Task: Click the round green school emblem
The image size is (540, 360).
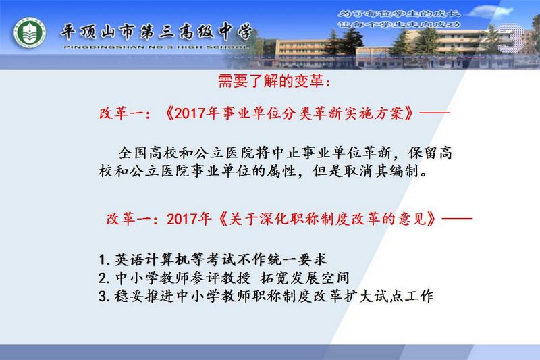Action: (x=29, y=33)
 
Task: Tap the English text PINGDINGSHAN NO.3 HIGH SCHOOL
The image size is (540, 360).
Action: (x=156, y=47)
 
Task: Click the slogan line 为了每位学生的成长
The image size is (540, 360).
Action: (x=399, y=14)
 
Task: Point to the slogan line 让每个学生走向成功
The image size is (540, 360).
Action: (x=399, y=25)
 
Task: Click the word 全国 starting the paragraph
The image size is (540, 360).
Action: (x=133, y=153)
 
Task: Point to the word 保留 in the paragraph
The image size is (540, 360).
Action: (x=423, y=153)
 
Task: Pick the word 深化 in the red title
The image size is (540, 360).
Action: (x=275, y=218)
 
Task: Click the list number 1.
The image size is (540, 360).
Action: (x=103, y=260)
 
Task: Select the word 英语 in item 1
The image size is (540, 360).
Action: (x=130, y=259)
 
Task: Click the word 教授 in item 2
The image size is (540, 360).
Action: (x=236, y=278)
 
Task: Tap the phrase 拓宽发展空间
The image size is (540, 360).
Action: (x=304, y=278)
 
